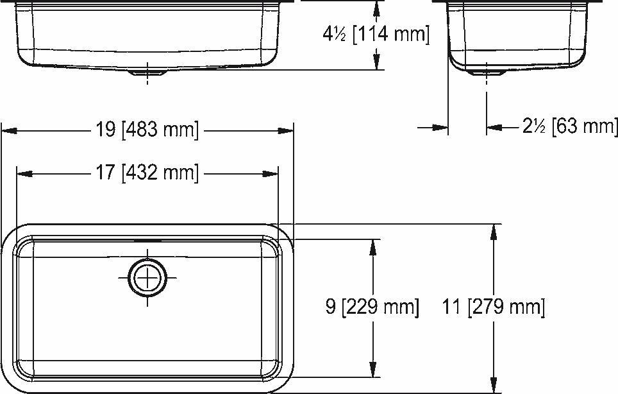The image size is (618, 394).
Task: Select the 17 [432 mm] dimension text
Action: (x=147, y=173)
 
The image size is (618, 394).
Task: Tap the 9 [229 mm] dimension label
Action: (x=372, y=307)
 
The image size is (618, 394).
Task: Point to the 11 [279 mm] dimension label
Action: (x=493, y=307)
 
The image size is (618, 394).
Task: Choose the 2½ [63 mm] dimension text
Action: (x=569, y=126)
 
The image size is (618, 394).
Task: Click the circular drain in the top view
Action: (x=147, y=278)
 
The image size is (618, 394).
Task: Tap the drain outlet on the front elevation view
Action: (x=147, y=73)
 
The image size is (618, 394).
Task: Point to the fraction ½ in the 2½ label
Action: (x=539, y=127)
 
